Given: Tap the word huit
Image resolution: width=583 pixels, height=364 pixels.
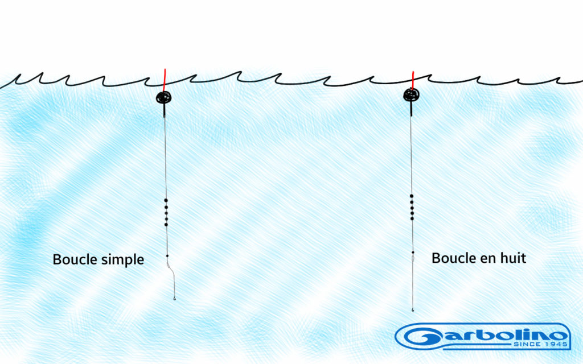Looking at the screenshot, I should coord(513,258).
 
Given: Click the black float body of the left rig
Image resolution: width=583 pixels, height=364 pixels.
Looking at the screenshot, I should coord(164,97).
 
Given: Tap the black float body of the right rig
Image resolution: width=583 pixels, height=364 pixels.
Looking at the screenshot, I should coord(411,95).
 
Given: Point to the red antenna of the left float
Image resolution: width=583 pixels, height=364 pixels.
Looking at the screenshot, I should coord(165,79).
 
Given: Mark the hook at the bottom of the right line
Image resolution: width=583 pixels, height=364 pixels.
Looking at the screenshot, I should coord(413,308).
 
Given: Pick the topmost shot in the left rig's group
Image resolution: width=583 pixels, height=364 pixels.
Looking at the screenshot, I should coord(166,201).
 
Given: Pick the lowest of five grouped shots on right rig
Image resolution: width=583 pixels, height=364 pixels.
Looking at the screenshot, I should coord(411,218).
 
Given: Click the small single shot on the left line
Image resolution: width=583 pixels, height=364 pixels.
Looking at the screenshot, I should coord(167,256).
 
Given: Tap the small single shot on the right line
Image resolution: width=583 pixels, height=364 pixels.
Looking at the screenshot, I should coord(412,251).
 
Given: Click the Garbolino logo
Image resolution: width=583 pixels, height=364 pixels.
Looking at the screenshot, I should coord(484,337).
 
